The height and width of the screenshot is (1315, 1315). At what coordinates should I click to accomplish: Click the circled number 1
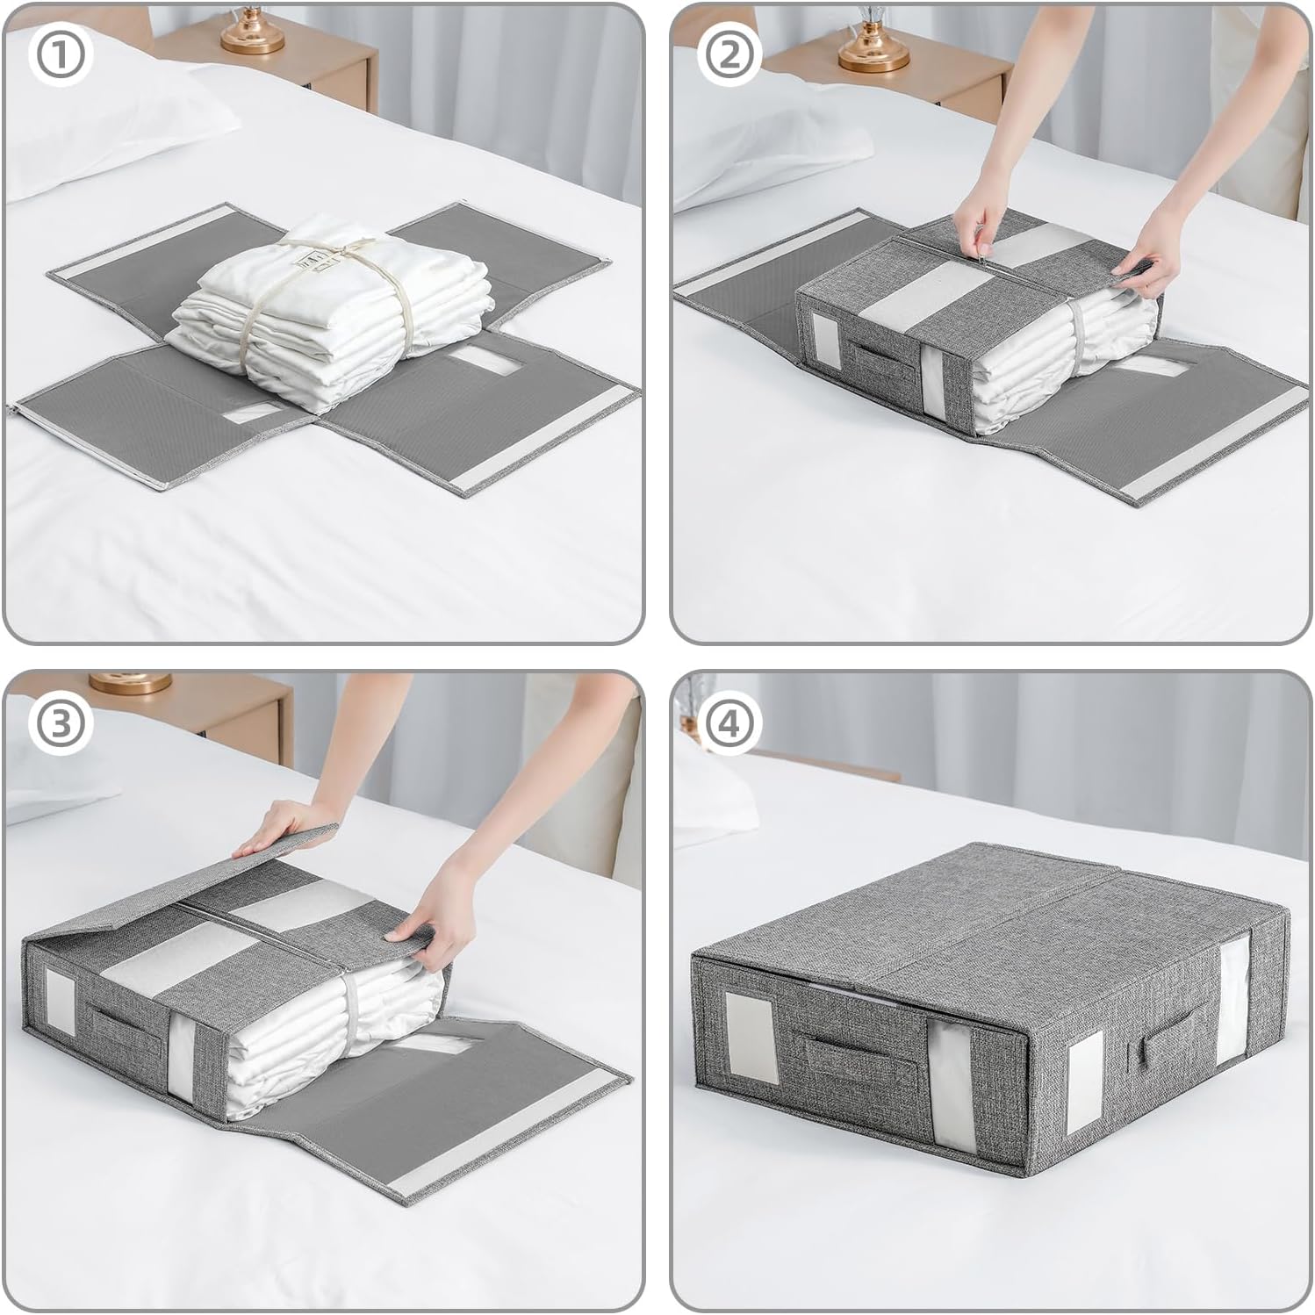tap(60, 55)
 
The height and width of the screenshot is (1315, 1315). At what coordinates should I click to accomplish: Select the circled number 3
tap(60, 723)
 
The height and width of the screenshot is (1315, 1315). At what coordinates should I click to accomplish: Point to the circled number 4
tap(729, 723)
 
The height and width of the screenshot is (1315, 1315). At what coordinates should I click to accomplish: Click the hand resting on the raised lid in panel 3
tap(274, 825)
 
